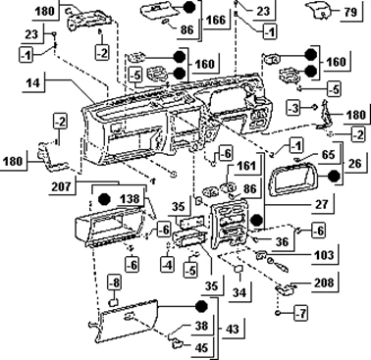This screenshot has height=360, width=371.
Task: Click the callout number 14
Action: point(32,83)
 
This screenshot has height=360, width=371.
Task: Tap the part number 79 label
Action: point(350,12)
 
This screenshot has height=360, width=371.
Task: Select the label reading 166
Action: point(216,20)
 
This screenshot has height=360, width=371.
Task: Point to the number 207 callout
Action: point(61,186)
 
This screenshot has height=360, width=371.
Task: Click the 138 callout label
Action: point(130,198)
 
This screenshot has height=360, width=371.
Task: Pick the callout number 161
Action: point(246,166)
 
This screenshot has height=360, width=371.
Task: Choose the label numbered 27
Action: point(322,204)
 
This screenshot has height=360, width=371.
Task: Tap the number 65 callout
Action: point(328,154)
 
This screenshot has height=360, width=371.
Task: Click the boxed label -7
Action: point(301,314)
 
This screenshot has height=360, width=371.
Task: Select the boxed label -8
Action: point(115,283)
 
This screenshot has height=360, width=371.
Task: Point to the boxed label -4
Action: point(168,264)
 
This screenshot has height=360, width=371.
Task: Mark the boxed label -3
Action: point(292,108)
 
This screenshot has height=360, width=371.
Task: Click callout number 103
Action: point(323,255)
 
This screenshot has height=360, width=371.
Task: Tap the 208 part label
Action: point(325,283)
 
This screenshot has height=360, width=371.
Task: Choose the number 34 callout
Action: point(239,292)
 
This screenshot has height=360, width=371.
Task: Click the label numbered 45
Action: point(201,347)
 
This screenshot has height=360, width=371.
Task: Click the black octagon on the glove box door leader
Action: point(201,307)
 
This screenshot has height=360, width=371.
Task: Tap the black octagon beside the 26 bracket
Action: point(334,177)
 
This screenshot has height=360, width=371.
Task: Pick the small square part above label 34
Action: point(238,269)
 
